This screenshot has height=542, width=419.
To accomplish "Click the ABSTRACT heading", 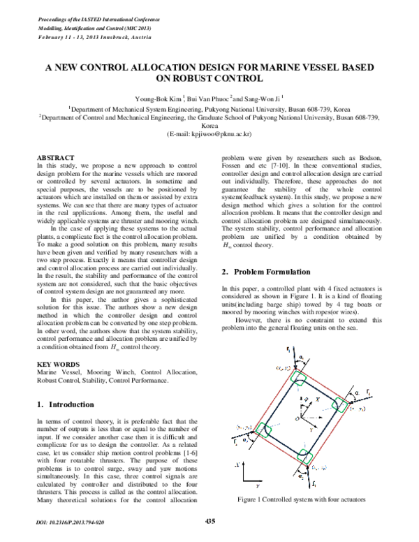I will point(56,159).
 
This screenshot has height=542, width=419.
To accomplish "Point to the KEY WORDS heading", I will point(57,364).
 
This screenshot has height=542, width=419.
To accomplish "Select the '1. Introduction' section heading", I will point(70,404).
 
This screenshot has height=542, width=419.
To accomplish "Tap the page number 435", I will point(209,521).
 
